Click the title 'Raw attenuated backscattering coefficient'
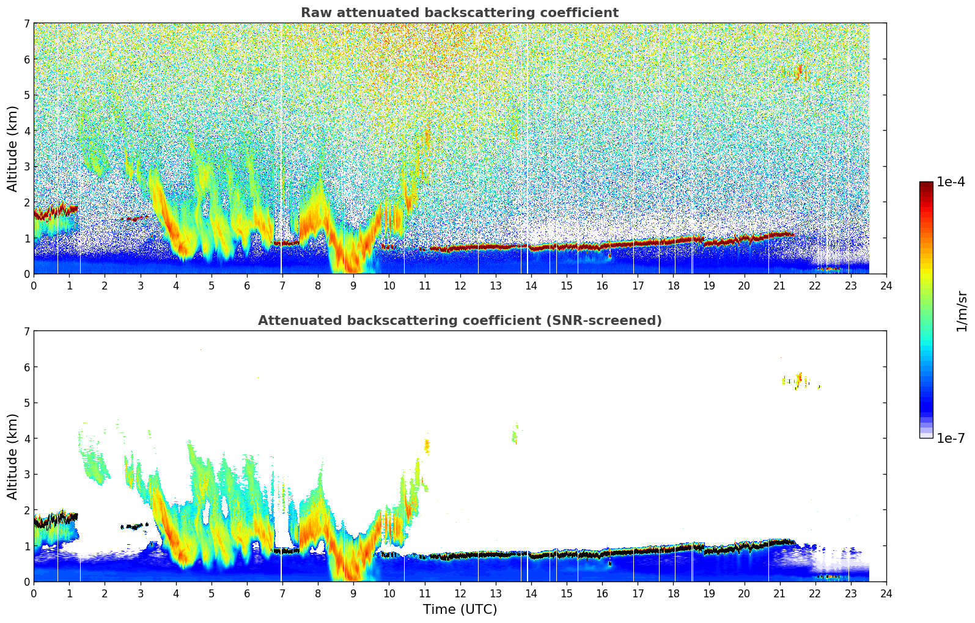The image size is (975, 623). [459, 13]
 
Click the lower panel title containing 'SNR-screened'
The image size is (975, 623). [459, 321]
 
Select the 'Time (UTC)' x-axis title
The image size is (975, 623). [460, 610]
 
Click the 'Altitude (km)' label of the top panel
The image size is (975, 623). [12, 148]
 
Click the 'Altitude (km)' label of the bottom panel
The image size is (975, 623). [12, 456]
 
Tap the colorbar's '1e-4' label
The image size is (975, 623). [951, 182]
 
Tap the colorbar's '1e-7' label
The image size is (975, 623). [951, 438]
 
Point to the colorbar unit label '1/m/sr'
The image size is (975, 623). [962, 310]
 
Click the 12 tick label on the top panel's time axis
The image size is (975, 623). [460, 285]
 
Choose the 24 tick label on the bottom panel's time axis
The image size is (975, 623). [886, 593]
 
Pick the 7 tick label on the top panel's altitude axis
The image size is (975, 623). [26, 24]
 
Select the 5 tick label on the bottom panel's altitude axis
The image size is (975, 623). [26, 403]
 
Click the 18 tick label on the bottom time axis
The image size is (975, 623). [672, 593]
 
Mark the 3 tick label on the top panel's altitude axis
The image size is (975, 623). [26, 167]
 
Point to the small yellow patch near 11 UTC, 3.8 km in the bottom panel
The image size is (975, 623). [427, 446]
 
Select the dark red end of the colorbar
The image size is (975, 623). [925, 185]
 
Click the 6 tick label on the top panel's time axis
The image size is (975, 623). [247, 285]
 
